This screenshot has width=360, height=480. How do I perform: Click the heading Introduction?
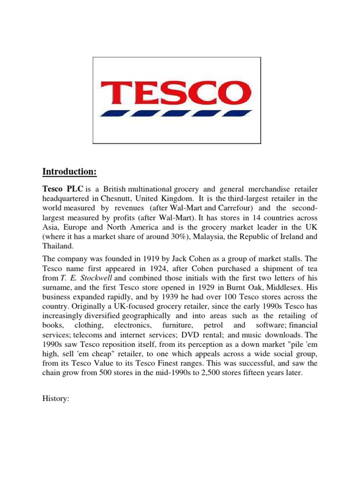point(69,172)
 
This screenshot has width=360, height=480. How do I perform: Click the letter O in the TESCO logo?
point(223,93)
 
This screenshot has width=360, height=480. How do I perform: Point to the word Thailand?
point(58,246)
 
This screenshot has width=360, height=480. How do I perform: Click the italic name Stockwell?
point(92,278)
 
